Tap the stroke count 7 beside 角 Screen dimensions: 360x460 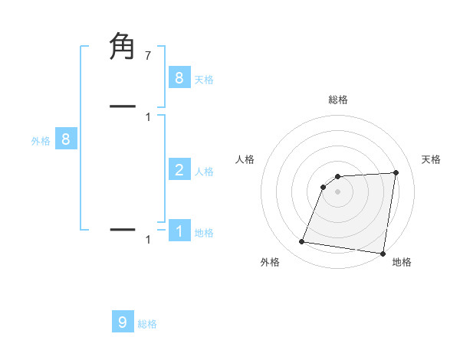pos(147,55)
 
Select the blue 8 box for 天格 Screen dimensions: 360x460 pos(179,77)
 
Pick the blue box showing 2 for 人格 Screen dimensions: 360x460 pos(179,169)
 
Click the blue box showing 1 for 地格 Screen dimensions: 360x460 pos(179,230)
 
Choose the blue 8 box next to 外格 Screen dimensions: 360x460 pos(66,139)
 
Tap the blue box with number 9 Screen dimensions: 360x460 pos(123,322)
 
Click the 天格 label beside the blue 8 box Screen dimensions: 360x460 pos(204,79)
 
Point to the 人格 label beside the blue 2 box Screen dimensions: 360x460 pos(204,171)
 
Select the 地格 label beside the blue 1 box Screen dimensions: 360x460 pos(204,232)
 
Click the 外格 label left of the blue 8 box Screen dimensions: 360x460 pos(41,141)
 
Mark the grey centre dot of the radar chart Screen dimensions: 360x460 pos(337,191)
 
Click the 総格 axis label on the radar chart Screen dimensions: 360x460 pos(337,100)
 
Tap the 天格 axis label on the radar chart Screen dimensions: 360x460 pos(432,159)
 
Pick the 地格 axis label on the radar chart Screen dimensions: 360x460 pos(402,262)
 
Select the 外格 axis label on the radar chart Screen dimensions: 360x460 pos(270,262)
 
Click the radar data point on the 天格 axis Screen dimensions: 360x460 pos(396,172)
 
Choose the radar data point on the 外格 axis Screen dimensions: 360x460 pos(301,242)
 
